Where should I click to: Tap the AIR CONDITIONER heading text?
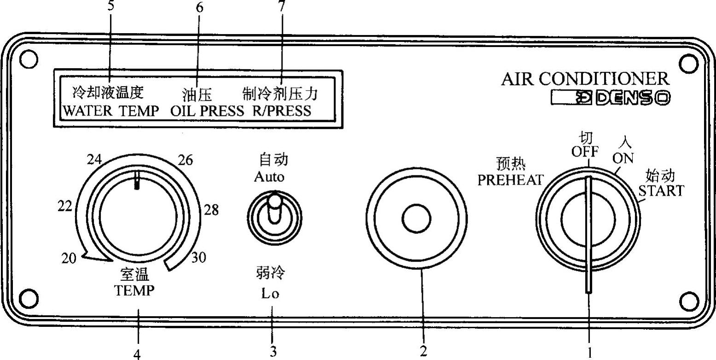coord(585,79)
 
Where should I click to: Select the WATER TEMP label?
coord(110,111)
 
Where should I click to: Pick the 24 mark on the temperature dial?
coord(95,159)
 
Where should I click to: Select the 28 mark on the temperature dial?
coord(211,210)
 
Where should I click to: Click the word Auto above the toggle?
coord(269,177)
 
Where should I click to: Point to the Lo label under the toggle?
coord(270,294)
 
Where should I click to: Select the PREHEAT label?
coord(510,180)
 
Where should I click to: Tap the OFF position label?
coord(585,151)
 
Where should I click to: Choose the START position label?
coord(661,190)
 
